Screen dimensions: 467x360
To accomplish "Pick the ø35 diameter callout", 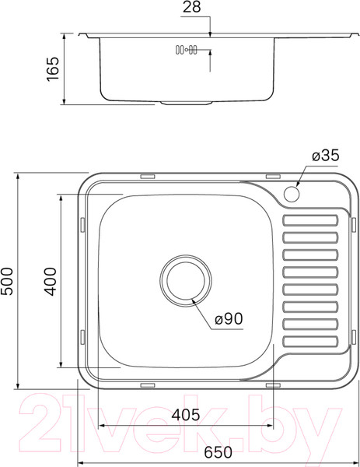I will point(325,156).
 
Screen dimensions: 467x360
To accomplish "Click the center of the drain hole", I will point(184,278).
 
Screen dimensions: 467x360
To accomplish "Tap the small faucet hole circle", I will point(294,193).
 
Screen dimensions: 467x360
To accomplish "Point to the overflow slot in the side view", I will point(187,51).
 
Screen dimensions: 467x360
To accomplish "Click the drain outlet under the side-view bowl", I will point(186,103).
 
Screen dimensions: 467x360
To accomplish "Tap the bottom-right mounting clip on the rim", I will point(272,384).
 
